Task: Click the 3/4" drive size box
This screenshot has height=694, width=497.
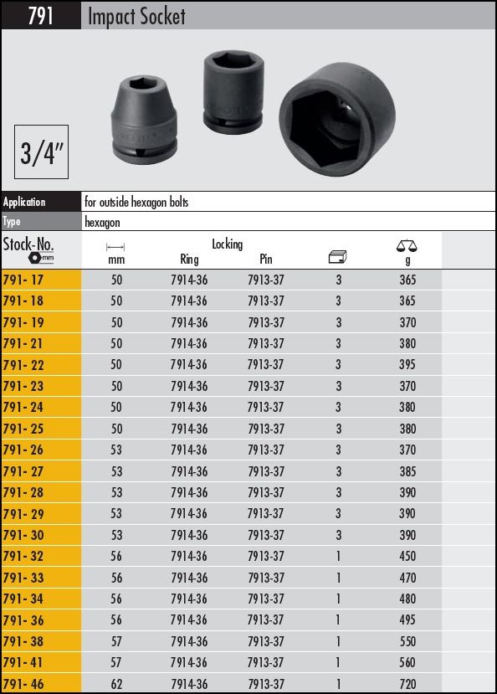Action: coord(41,152)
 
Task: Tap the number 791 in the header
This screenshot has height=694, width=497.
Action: coord(41,16)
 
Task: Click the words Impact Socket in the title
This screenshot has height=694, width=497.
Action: coord(136,17)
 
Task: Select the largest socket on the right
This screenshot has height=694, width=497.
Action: coord(337,119)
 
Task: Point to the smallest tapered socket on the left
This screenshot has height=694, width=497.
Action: coord(144,121)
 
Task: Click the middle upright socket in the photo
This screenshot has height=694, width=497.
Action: coord(233,91)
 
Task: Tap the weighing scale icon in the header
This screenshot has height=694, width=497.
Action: coord(407,245)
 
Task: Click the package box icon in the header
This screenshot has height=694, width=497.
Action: coord(338,256)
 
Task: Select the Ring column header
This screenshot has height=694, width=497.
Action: coord(189,260)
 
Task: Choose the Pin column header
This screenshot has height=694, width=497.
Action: coord(266,259)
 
